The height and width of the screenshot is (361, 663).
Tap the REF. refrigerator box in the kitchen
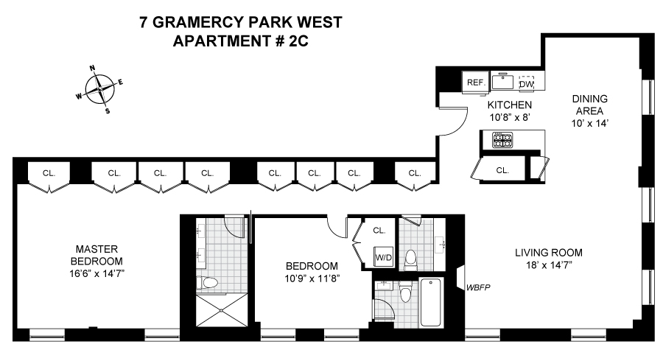(x=475, y=83)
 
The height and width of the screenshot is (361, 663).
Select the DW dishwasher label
(x=526, y=83)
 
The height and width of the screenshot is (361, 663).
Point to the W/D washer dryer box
(x=383, y=258)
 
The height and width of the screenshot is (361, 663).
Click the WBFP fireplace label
(x=477, y=287)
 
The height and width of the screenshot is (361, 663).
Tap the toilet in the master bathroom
(x=209, y=282)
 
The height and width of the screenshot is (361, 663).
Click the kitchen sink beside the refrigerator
(x=502, y=81)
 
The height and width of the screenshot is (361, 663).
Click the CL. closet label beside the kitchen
(x=502, y=169)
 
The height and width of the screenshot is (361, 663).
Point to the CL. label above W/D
(x=379, y=230)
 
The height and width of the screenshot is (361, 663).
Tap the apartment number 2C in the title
(x=297, y=41)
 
